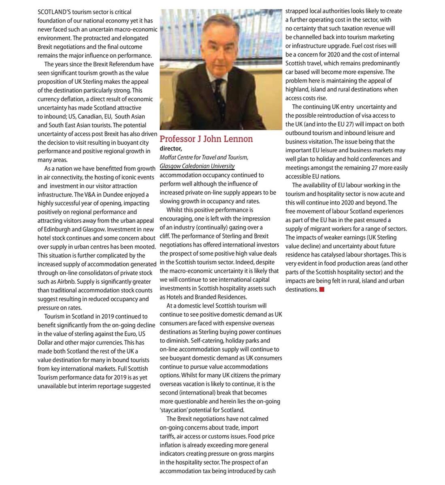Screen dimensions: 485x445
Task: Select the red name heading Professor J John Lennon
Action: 206,139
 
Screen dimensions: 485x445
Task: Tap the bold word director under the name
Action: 171,149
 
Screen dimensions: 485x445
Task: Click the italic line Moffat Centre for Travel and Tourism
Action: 204,157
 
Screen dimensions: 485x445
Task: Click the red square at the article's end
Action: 322,289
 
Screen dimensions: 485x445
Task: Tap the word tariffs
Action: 168,436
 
